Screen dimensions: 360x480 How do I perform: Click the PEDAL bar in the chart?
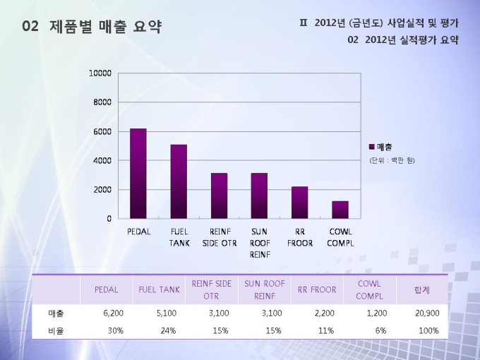[x=138, y=174]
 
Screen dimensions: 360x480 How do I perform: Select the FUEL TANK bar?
[x=179, y=181]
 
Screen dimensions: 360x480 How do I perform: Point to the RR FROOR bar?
[x=300, y=203]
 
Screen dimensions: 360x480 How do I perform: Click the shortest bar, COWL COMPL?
[x=340, y=210]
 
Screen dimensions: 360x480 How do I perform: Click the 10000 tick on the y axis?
[x=100, y=73]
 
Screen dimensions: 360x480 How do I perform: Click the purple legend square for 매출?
[x=372, y=147]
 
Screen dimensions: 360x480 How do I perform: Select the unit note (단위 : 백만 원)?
[x=392, y=160]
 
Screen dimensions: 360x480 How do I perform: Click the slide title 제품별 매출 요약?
[x=106, y=28]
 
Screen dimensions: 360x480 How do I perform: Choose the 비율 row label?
[x=56, y=330]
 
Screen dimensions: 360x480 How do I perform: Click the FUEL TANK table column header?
[x=159, y=289]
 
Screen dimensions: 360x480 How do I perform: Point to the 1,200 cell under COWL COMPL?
[x=376, y=313]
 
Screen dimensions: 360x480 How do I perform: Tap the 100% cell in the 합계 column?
[x=428, y=330]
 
